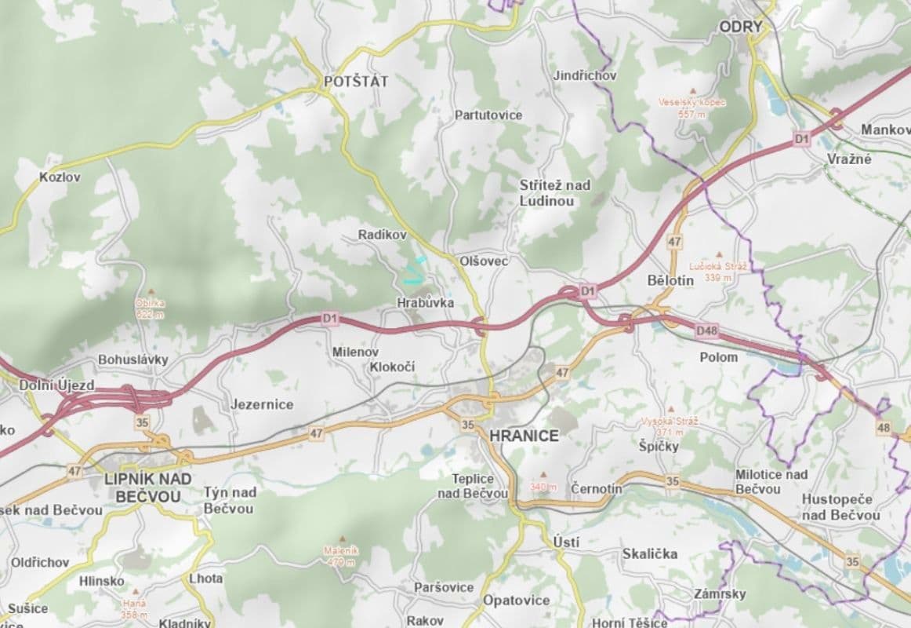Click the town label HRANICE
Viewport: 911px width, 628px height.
pos(524,436)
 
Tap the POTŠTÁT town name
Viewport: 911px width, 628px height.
pos(356,81)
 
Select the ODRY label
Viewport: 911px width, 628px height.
pos(741,27)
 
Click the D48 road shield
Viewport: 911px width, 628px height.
pos(706,331)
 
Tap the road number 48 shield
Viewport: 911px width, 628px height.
pos(884,428)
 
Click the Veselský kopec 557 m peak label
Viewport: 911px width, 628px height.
pos(691,108)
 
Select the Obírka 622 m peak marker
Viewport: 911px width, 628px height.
pos(150,308)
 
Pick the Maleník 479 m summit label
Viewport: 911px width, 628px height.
pos(341,556)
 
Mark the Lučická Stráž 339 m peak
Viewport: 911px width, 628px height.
pos(717,271)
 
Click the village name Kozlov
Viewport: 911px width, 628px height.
pos(60,177)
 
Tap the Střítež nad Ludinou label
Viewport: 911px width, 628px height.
pos(555,192)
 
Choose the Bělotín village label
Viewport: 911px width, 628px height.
pos(671,280)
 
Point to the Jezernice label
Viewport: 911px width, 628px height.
pos(262,404)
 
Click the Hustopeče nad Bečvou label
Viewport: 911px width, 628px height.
pos(840,507)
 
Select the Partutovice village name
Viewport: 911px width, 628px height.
pos(488,115)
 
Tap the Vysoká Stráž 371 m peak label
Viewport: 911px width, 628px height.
pos(669,425)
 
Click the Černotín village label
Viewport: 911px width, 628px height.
pos(597,488)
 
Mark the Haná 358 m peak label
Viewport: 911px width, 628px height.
pos(134,608)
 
